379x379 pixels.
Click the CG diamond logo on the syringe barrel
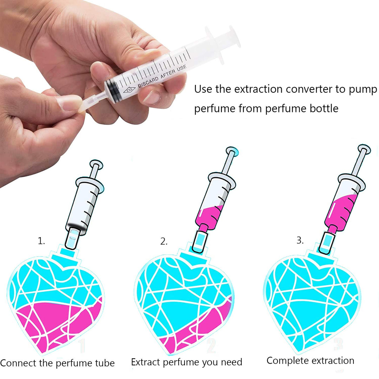(x=129, y=89)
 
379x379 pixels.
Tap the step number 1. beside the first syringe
(x=41, y=241)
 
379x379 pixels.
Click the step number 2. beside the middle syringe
(x=164, y=241)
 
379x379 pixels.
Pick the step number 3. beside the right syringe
(x=300, y=240)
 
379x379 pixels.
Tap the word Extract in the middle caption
(x=145, y=362)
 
